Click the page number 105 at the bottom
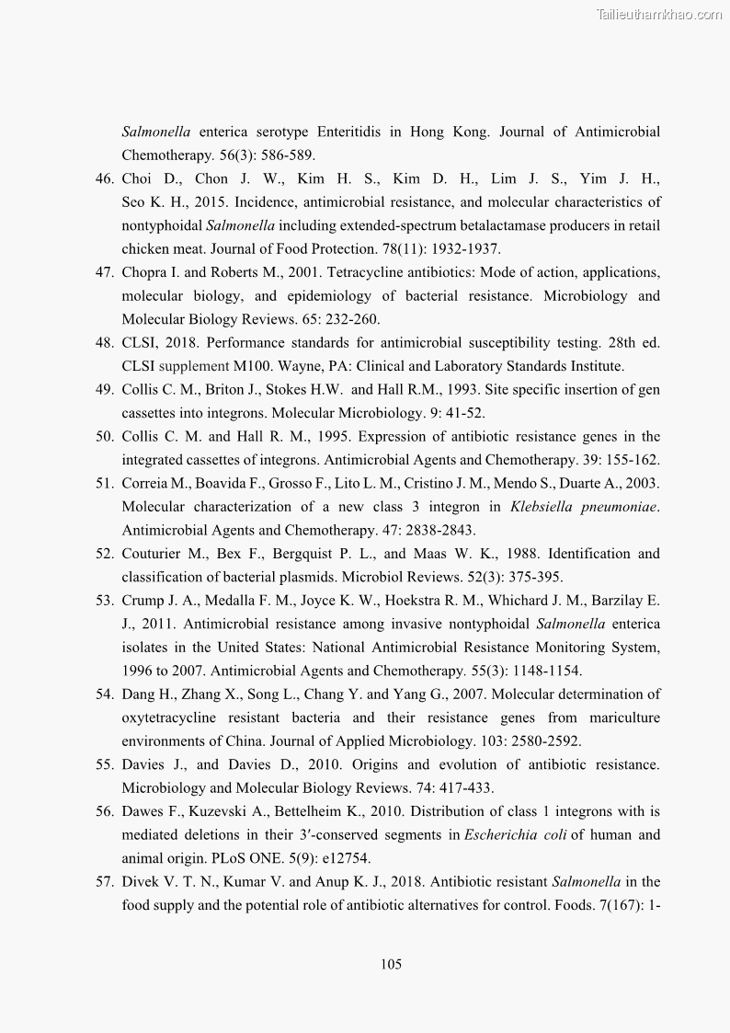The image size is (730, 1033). tap(391, 964)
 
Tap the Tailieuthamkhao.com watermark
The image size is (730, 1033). tap(659, 14)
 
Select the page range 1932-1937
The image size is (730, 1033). tap(455, 248)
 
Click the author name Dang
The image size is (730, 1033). tap(139, 694)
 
